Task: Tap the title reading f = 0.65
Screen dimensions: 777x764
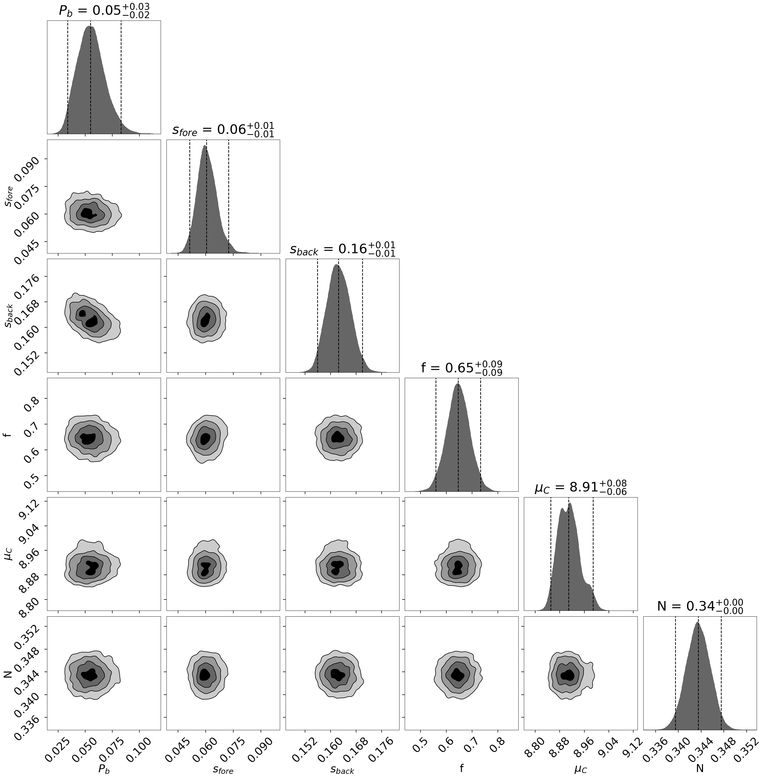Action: pyautogui.click(x=462, y=368)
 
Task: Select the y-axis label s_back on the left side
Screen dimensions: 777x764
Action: pyautogui.click(x=9, y=316)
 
